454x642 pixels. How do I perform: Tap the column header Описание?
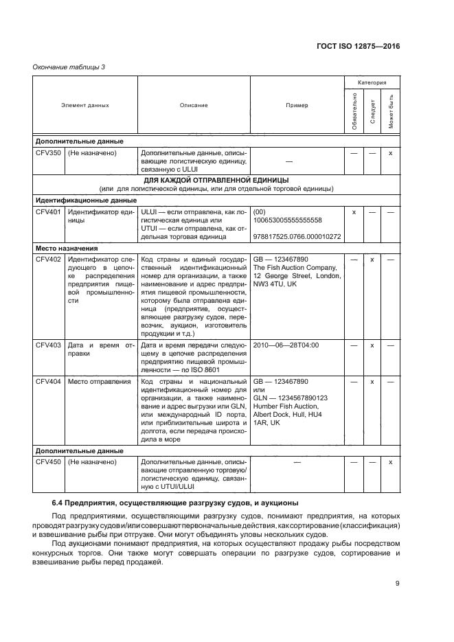[194, 105]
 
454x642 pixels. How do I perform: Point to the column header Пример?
[297, 105]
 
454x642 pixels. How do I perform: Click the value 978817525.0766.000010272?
[297, 237]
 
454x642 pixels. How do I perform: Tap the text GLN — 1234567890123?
[291, 398]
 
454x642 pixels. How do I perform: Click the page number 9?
[397, 584]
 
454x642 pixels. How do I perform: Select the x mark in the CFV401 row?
[354, 212]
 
